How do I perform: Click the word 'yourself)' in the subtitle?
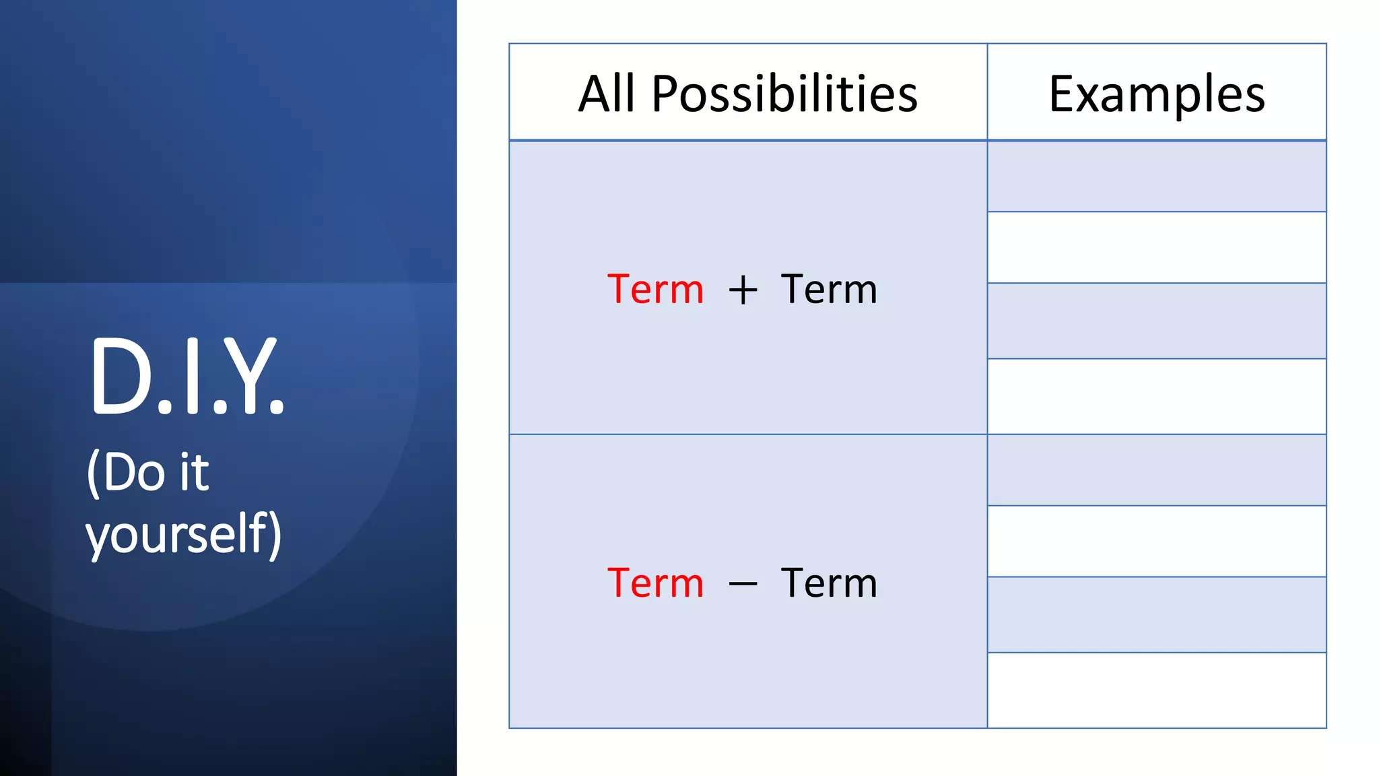(x=183, y=533)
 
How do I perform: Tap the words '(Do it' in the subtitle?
(x=148, y=472)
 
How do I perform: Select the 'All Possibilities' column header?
(x=747, y=93)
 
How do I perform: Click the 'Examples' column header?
(x=1156, y=93)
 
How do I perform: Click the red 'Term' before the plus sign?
(x=655, y=290)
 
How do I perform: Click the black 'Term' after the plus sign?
(x=829, y=290)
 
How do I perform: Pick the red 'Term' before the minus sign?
(x=655, y=583)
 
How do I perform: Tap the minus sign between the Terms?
(x=743, y=584)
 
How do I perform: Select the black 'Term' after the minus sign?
(x=829, y=583)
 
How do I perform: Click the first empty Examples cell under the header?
(x=1156, y=176)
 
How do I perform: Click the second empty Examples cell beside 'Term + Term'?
(x=1156, y=247)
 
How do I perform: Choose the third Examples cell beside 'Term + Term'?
(x=1156, y=321)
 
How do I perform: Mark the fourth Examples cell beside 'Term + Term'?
(x=1156, y=396)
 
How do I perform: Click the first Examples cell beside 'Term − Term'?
(x=1156, y=470)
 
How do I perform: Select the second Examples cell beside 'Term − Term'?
(x=1156, y=541)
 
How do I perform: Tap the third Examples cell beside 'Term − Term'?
(x=1156, y=614)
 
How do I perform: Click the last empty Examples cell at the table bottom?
(x=1156, y=690)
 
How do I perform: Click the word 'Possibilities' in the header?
(x=784, y=93)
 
